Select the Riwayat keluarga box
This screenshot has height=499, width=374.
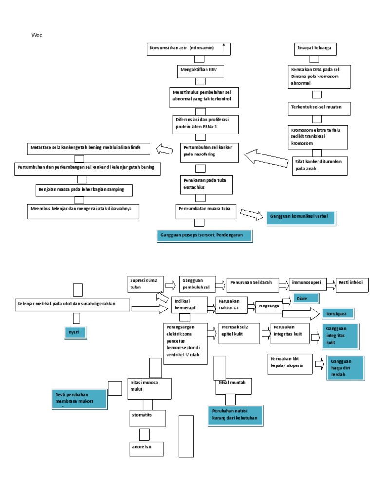click(x=316, y=49)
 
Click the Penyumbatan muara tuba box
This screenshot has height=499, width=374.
click(x=207, y=211)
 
